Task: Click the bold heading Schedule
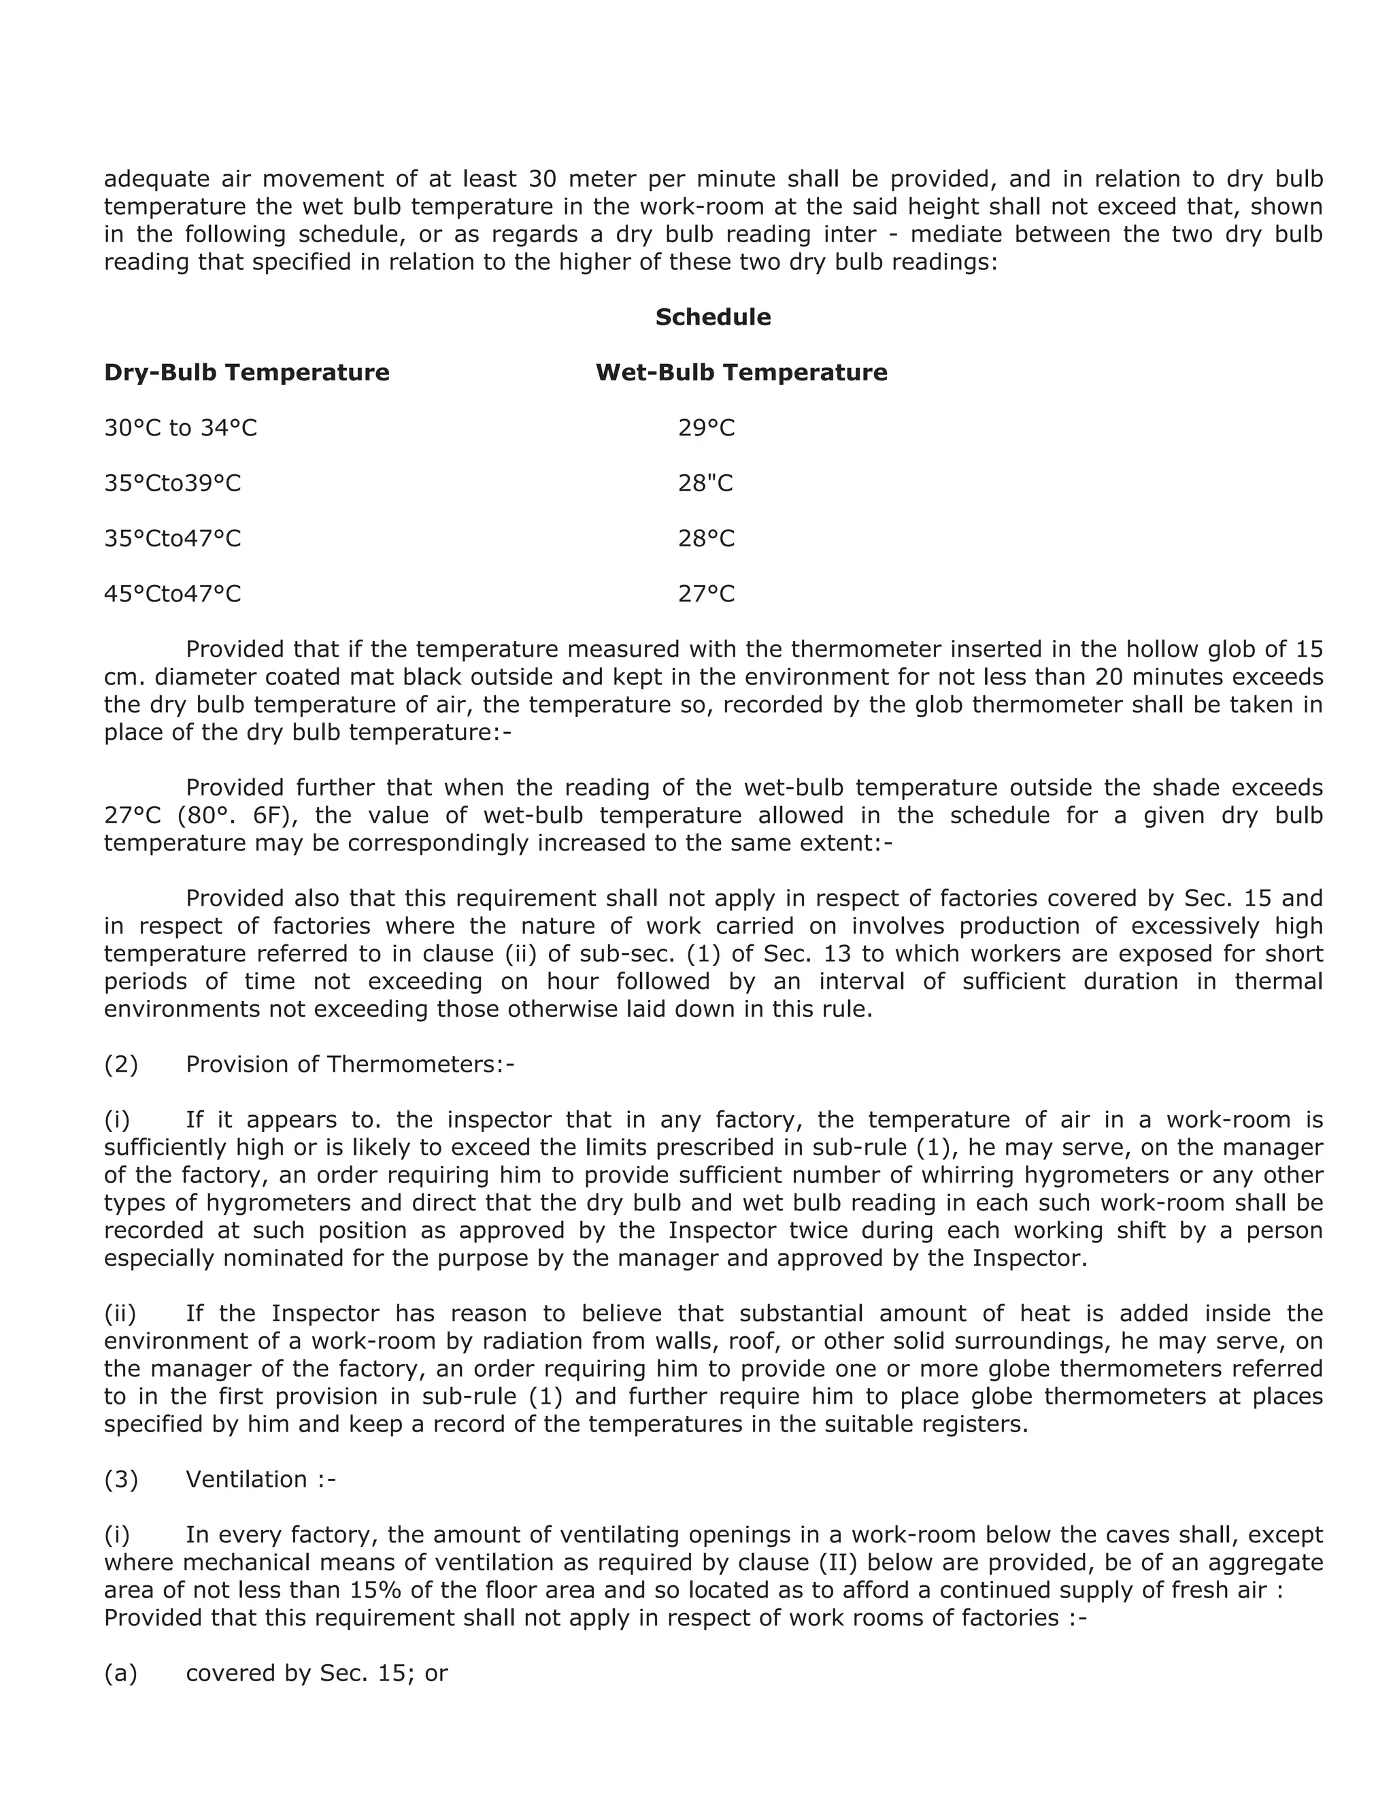pyautogui.click(x=712, y=317)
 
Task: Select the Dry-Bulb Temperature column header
pyautogui.click(x=246, y=372)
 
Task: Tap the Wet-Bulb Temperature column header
pyautogui.click(x=741, y=372)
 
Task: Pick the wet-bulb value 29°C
pyautogui.click(x=705, y=428)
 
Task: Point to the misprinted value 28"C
pyautogui.click(x=705, y=483)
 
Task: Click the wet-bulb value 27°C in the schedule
pyautogui.click(x=705, y=593)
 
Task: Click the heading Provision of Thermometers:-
pyautogui.click(x=350, y=1064)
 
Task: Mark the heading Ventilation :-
pyautogui.click(x=260, y=1478)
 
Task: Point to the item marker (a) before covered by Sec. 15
pyautogui.click(x=120, y=1672)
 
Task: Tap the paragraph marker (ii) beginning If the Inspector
pyautogui.click(x=120, y=1312)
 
